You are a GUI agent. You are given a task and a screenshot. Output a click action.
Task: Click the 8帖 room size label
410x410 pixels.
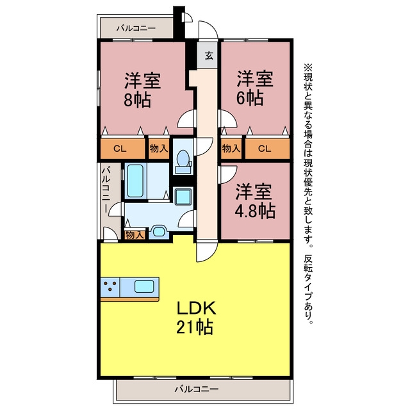(x=137, y=100)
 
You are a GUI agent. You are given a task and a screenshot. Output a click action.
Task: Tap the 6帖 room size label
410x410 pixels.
(x=250, y=98)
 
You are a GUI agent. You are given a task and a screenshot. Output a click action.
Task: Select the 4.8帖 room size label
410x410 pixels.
(x=255, y=211)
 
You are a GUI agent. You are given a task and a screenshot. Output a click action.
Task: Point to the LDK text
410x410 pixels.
(x=197, y=307)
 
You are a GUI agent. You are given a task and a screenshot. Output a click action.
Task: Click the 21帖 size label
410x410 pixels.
(x=195, y=327)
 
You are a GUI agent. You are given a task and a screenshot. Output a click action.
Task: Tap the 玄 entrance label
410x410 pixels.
(x=209, y=56)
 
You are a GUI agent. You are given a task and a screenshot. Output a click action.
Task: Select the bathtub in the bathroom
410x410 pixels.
(x=135, y=181)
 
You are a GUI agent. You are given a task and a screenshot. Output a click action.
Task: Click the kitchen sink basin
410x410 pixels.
(x=144, y=286)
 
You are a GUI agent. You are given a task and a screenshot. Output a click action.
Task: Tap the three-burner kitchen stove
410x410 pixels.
(x=110, y=287)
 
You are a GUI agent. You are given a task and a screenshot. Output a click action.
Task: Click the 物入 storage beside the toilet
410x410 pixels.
(x=159, y=149)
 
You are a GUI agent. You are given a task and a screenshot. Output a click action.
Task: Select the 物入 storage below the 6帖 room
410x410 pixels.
(x=231, y=149)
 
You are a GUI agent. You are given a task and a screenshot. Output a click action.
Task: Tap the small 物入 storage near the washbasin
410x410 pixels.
(x=135, y=235)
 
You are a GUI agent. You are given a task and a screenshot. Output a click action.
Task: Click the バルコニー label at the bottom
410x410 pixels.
(x=197, y=389)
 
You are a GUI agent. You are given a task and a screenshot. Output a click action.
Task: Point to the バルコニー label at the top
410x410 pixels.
(x=136, y=28)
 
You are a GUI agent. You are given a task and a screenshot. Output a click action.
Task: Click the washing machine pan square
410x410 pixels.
(x=183, y=197)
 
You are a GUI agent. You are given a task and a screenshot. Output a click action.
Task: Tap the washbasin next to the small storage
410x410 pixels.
(x=158, y=232)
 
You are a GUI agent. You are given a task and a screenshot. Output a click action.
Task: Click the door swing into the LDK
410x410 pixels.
(x=206, y=252)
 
